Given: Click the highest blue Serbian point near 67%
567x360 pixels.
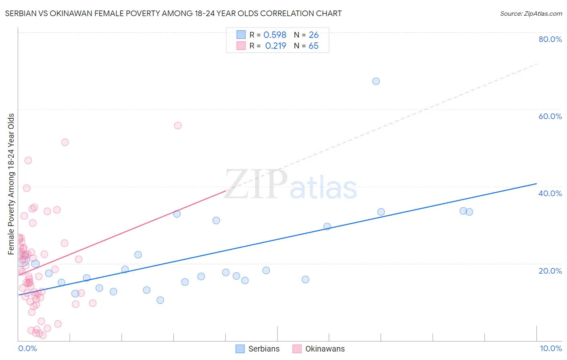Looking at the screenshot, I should click(x=376, y=81).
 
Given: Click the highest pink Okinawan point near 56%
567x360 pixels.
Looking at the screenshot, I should click(x=178, y=126).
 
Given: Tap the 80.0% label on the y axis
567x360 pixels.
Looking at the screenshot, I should click(x=550, y=39).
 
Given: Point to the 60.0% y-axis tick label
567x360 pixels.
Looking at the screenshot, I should click(x=550, y=116).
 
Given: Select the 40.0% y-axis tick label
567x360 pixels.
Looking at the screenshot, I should click(x=550, y=193).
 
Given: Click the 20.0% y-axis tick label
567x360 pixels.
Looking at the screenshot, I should click(x=550, y=270).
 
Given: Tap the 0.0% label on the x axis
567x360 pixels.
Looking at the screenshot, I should click(x=27, y=348).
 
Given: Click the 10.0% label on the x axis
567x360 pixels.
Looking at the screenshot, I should click(x=550, y=348).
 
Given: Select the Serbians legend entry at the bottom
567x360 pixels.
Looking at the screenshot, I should click(x=258, y=349).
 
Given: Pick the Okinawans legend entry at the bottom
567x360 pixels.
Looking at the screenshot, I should click(x=319, y=349).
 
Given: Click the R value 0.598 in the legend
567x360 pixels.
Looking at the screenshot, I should click(x=275, y=35).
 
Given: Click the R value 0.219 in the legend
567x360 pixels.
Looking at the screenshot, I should click(x=275, y=46).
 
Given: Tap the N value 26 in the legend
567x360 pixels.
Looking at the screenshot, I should click(x=314, y=35).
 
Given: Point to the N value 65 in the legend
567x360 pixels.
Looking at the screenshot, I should click(x=313, y=46).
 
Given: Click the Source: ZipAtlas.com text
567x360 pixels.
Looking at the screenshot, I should click(x=531, y=13).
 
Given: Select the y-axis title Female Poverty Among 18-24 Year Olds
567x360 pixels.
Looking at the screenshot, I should click(x=11, y=184).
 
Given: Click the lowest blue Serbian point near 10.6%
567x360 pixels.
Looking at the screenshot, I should click(x=160, y=300).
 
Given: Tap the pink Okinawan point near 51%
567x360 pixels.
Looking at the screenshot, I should click(x=65, y=142).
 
